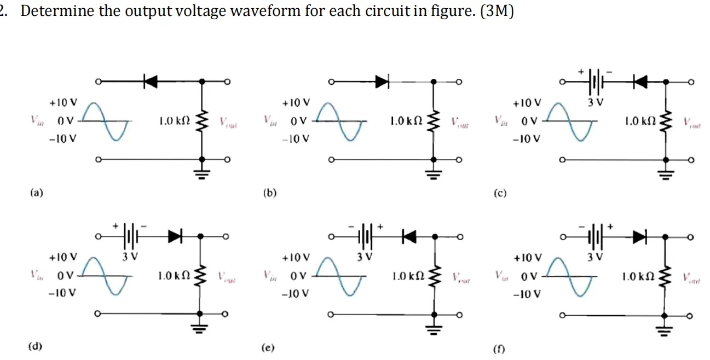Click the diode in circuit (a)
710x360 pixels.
pyautogui.click(x=150, y=82)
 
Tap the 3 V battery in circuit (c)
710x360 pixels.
pyautogui.click(x=596, y=82)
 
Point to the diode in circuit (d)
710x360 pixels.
pyautogui.click(x=175, y=236)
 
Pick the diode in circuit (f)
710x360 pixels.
pyautogui.click(x=638, y=236)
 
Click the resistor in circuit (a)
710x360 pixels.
pyautogui.click(x=202, y=120)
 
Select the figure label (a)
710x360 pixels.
pyautogui.click(x=37, y=193)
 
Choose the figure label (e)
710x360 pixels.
pyautogui.click(x=269, y=347)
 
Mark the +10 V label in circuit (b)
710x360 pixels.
pyautogui.click(x=296, y=102)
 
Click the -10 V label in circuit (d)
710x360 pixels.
pyautogui.click(x=62, y=293)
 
